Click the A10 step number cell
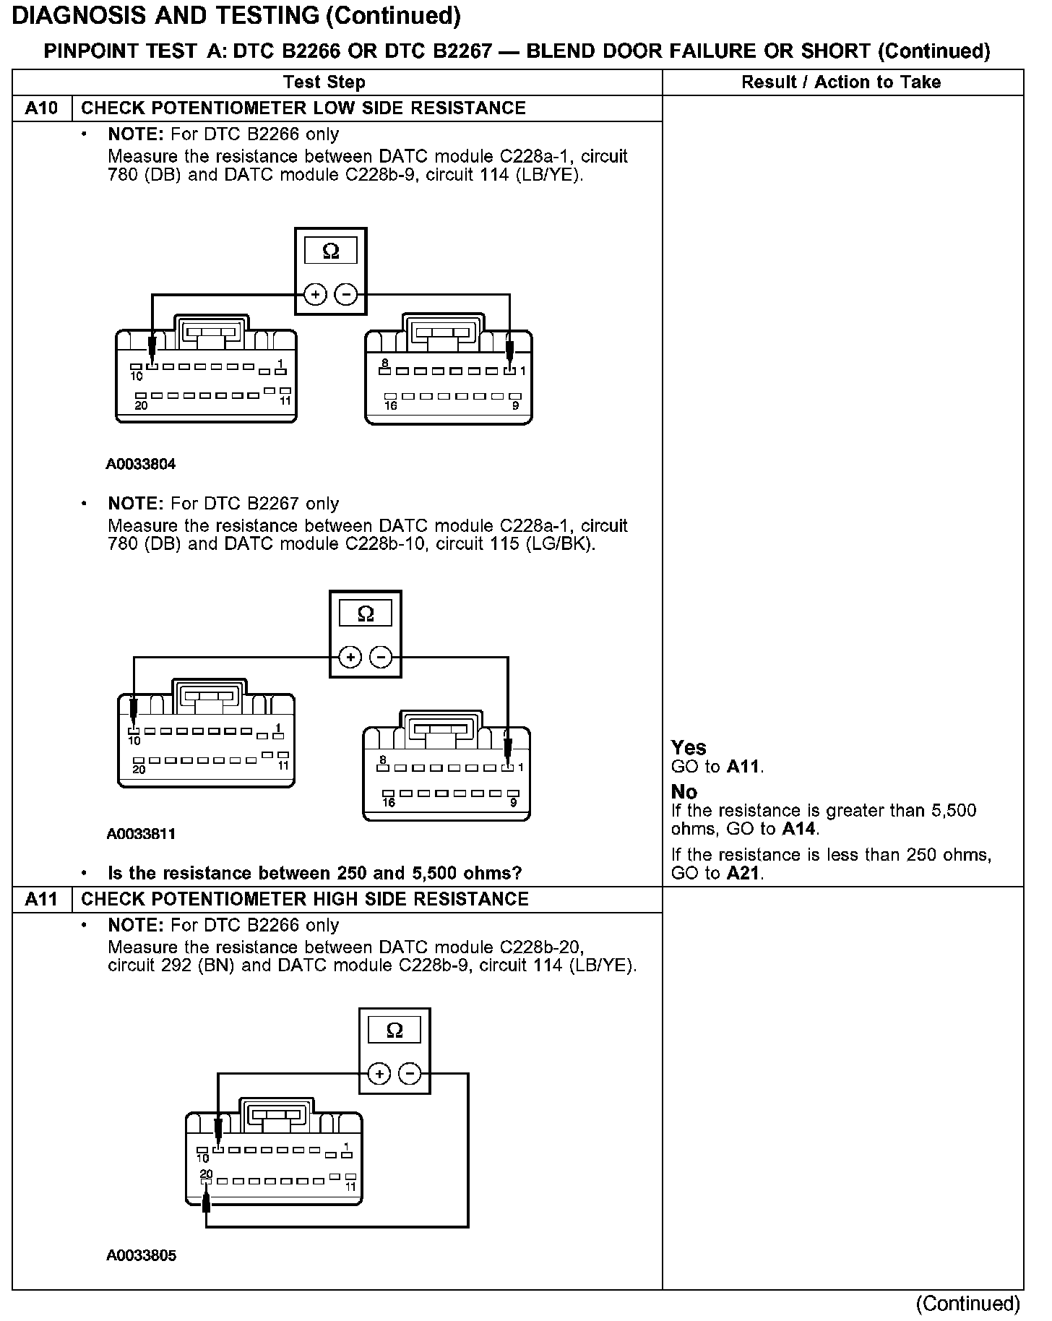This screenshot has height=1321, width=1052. click(41, 108)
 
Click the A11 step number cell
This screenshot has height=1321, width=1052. click(41, 899)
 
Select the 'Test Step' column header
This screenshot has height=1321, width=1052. click(324, 82)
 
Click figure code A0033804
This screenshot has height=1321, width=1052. click(141, 464)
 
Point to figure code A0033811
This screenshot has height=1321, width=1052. click(141, 834)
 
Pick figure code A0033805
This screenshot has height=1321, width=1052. click(141, 1255)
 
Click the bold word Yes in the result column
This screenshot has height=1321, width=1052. click(689, 747)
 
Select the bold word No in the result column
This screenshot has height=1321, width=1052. click(684, 791)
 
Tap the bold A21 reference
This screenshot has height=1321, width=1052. click(744, 873)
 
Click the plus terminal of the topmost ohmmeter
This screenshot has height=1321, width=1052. click(315, 295)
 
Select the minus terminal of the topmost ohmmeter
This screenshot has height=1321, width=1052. click(346, 295)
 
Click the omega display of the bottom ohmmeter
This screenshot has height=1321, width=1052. click(394, 1030)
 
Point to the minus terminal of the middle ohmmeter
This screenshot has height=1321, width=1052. click(381, 658)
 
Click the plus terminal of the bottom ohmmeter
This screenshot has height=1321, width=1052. click(379, 1074)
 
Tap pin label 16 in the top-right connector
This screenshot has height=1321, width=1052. click(390, 405)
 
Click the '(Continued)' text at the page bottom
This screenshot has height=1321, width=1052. click(967, 1304)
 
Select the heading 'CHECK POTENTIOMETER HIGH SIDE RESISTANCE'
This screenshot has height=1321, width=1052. click(305, 899)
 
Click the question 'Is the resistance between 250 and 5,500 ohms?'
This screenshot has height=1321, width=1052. click(314, 873)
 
